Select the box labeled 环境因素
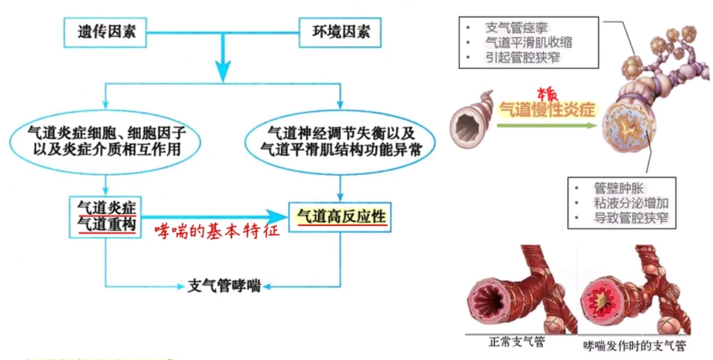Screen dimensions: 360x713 click(x=341, y=32)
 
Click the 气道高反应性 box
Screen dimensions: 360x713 click(x=341, y=217)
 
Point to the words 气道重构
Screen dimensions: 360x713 click(x=107, y=225)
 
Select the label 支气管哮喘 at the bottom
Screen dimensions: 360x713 click(x=225, y=286)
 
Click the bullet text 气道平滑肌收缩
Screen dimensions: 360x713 click(x=528, y=42)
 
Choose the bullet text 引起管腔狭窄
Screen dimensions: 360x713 click(x=522, y=58)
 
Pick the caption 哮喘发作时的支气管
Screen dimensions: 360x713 click(x=634, y=346)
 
